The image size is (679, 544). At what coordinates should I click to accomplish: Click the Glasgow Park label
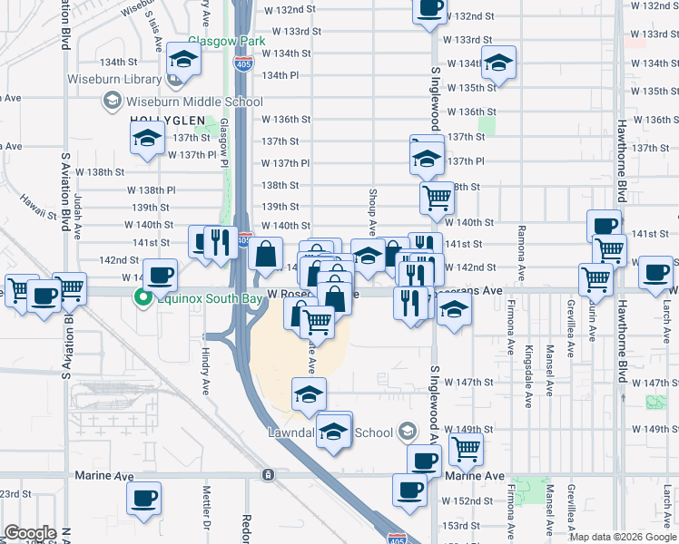[226, 42]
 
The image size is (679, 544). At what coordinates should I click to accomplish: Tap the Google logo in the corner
[31, 533]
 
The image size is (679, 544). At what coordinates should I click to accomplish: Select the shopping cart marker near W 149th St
[466, 446]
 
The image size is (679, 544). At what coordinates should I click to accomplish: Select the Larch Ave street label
[667, 316]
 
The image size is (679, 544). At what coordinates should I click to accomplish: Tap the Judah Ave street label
[78, 214]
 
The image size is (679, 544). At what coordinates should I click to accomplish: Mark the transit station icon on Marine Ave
[268, 475]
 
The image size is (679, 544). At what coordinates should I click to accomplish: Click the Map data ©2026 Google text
[624, 537]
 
